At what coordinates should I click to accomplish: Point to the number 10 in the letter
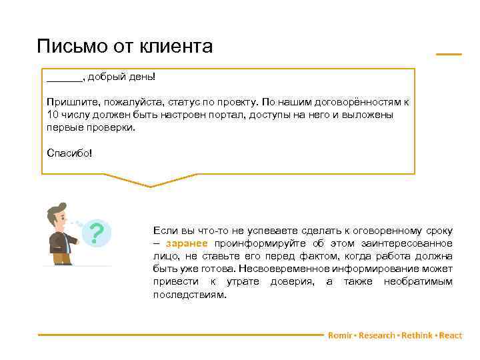(53, 115)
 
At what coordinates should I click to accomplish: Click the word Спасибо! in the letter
(70, 153)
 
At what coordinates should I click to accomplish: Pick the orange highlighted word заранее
(187, 243)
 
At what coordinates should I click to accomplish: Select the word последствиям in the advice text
(189, 294)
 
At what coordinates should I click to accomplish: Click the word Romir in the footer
(339, 335)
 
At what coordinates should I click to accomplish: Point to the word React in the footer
(451, 335)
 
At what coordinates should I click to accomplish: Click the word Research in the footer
(377, 335)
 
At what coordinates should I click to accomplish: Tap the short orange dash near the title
(449, 53)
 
